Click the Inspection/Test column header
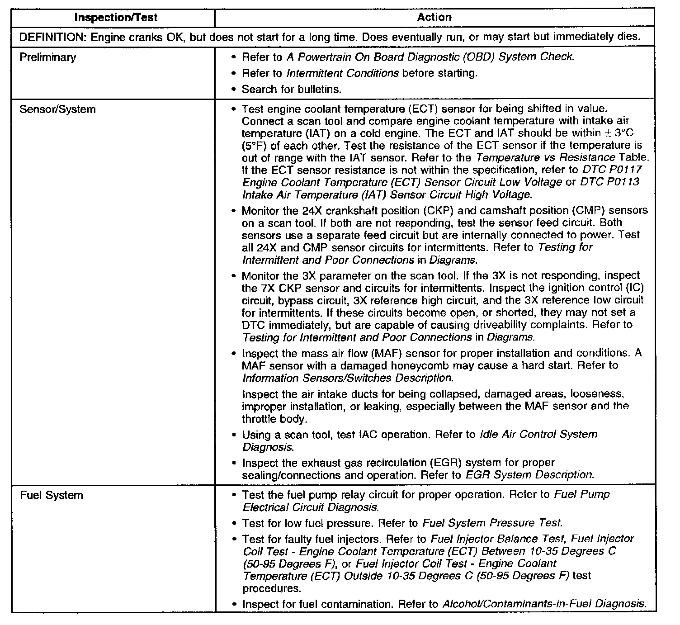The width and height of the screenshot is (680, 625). click(115, 18)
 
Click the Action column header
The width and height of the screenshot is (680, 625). click(434, 17)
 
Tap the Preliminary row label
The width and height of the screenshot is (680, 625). click(47, 57)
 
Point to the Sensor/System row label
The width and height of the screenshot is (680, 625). click(57, 109)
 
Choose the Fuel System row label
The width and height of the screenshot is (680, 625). click(51, 495)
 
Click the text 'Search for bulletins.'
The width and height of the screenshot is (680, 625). click(291, 89)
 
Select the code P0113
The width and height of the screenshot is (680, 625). click(622, 182)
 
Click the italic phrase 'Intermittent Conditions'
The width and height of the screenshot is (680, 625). click(342, 73)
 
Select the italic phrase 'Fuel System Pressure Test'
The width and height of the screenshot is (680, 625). click(492, 523)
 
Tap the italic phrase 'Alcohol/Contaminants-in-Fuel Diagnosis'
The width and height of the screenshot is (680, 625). click(543, 604)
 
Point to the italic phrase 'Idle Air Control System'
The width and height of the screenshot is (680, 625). click(538, 435)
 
